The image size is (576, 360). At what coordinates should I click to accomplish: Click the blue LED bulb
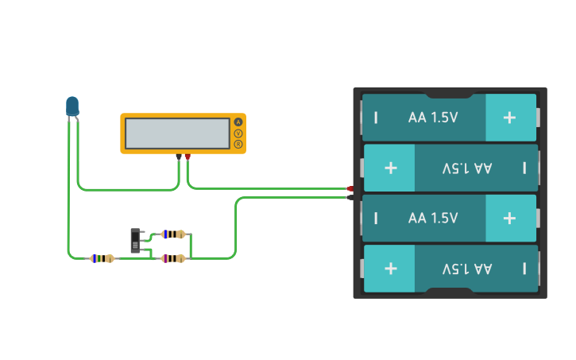click(x=72, y=106)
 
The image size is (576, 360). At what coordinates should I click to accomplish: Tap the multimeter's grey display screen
click(x=177, y=133)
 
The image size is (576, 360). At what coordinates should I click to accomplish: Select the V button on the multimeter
click(x=238, y=134)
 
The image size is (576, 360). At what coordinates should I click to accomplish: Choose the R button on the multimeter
click(x=238, y=144)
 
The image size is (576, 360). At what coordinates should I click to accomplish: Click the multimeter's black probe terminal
click(x=179, y=157)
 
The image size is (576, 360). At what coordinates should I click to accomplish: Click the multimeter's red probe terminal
click(x=187, y=157)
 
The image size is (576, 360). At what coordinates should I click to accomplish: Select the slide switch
click(x=136, y=240)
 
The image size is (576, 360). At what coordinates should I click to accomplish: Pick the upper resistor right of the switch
click(x=173, y=234)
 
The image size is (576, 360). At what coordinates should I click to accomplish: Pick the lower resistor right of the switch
click(x=173, y=258)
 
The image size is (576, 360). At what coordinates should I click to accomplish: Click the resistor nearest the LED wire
click(x=102, y=258)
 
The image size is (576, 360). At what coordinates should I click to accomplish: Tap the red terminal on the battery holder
click(x=350, y=188)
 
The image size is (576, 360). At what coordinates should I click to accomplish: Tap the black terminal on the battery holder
click(x=350, y=197)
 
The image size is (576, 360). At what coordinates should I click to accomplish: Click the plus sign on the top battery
click(x=509, y=118)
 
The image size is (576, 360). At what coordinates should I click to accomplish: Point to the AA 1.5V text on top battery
click(x=433, y=118)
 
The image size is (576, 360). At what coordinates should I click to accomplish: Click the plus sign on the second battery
click(x=390, y=168)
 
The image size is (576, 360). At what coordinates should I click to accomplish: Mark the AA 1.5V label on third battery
click(x=433, y=218)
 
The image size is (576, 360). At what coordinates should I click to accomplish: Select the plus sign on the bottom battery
click(x=390, y=269)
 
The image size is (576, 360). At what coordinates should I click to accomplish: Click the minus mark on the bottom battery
click(x=524, y=269)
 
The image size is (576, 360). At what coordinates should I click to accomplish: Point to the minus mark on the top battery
click(x=376, y=118)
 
